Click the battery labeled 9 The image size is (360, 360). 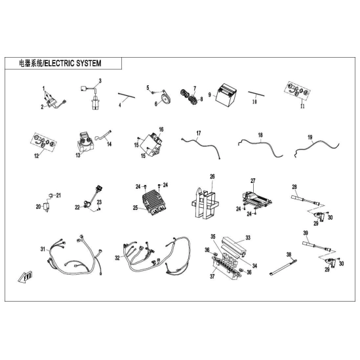pyautogui.click(x=226, y=94)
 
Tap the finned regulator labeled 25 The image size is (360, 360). pyautogui.click(x=154, y=201)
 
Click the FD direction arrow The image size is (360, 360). pyautogui.click(x=26, y=277)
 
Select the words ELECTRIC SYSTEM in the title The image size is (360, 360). pyautogui.click(x=73, y=64)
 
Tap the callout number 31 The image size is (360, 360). pyautogui.click(x=43, y=249)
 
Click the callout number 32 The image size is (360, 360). pyautogui.click(x=117, y=258)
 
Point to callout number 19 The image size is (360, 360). pyautogui.click(x=310, y=137)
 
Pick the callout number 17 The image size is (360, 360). pyautogui.click(x=199, y=133)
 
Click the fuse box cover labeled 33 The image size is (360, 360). pyautogui.click(x=233, y=246)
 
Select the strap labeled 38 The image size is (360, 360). pyautogui.click(x=283, y=267)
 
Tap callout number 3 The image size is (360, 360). pyautogui.click(x=100, y=81)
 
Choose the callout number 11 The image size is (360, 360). pyautogui.click(x=302, y=106)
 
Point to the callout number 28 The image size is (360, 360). pyautogui.click(x=294, y=187)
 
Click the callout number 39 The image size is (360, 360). pyautogui.click(x=306, y=233)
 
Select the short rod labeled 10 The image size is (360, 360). pyautogui.click(x=256, y=94)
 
